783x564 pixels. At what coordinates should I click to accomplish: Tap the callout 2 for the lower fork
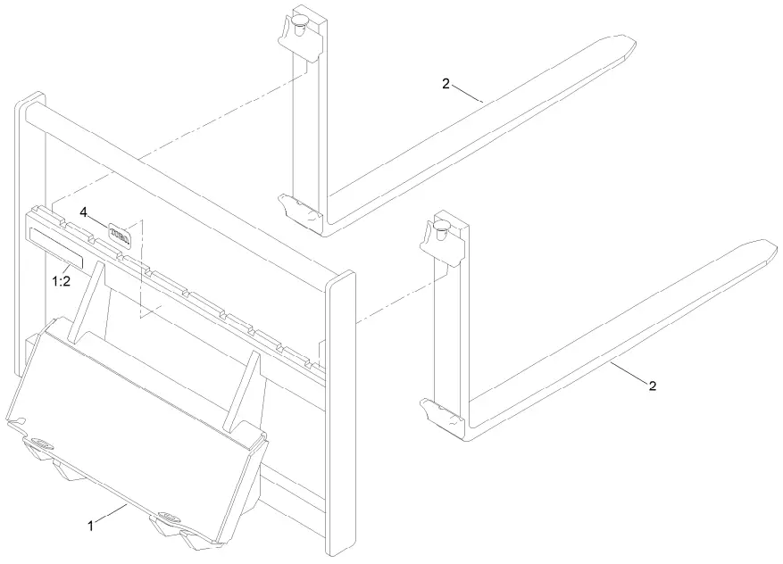[652, 386]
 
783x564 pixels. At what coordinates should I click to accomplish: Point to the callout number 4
[83, 212]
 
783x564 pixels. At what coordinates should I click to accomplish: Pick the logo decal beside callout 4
[120, 234]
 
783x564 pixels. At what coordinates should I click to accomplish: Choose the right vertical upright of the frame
[342, 411]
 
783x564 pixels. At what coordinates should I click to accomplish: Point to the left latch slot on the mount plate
[39, 444]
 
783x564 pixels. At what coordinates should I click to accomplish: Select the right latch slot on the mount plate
[168, 517]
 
